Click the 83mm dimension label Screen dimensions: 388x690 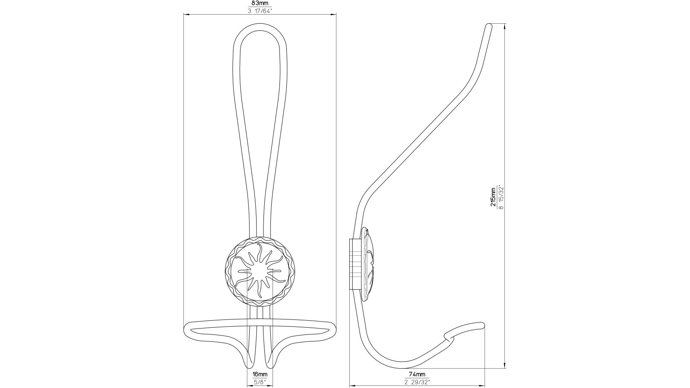click(260, 3)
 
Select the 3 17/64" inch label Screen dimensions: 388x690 click(260, 11)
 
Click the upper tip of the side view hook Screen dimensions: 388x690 click(489, 26)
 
